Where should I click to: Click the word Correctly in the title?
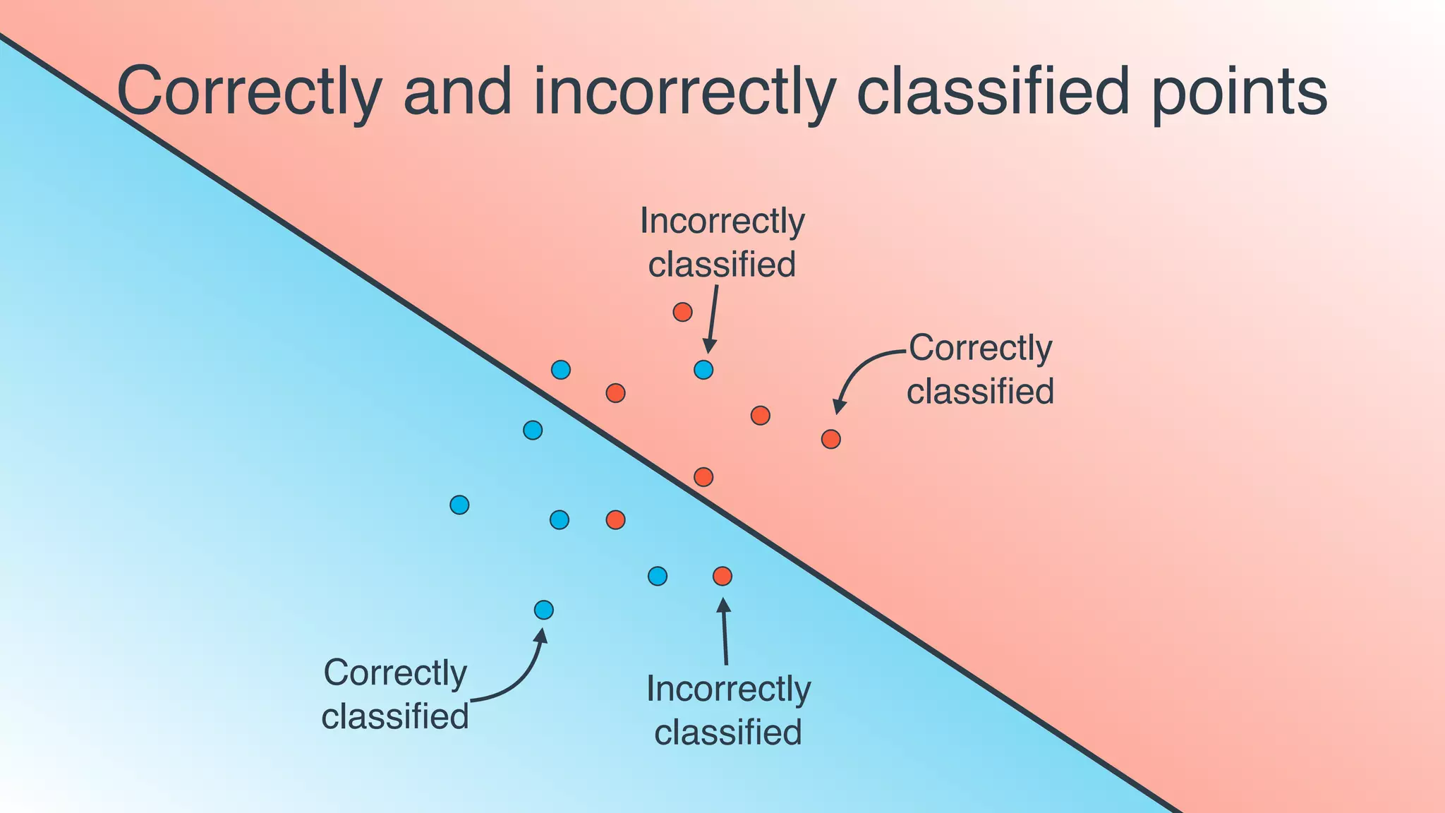248,92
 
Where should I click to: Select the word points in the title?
1240,92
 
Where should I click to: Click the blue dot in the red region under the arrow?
703,370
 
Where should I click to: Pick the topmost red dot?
682,312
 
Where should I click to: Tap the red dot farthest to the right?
831,440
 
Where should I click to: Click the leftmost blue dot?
459,505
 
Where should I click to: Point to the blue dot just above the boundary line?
561,370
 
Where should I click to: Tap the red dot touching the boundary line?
703,477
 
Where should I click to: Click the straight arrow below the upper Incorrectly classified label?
713,318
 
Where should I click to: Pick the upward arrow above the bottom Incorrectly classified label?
725,632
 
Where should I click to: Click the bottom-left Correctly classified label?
395,694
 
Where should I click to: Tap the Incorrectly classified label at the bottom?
728,710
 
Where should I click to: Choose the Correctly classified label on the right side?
980,370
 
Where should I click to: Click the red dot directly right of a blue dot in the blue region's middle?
616,520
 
